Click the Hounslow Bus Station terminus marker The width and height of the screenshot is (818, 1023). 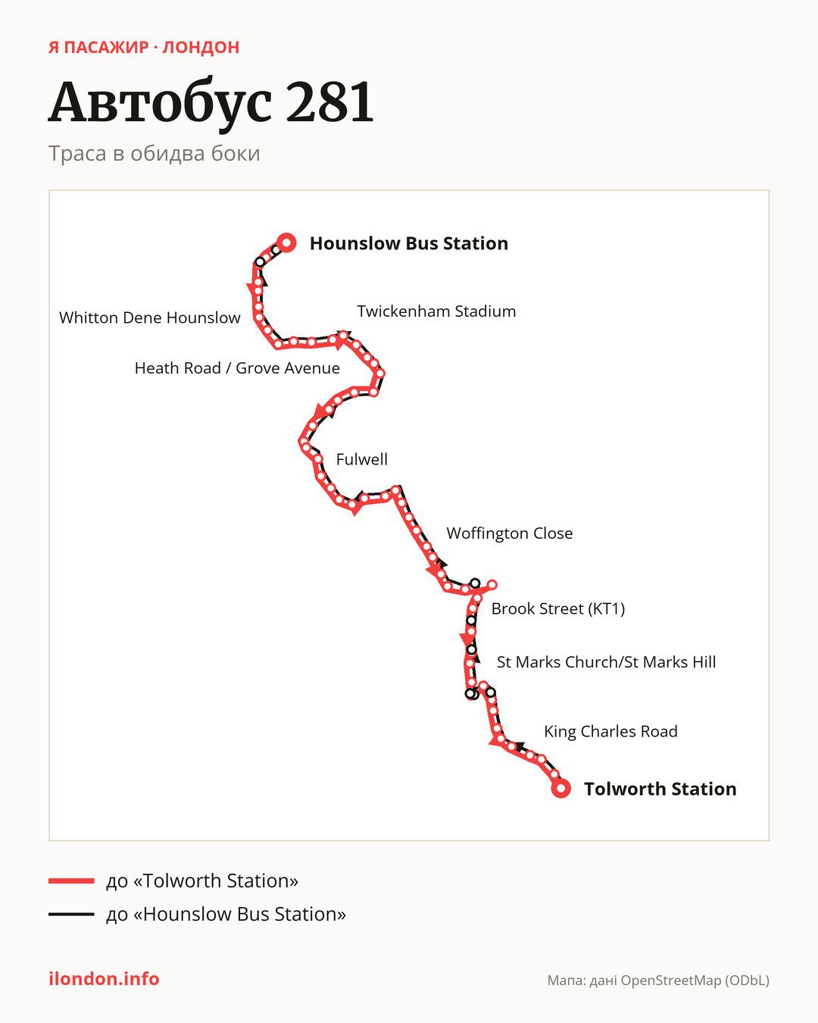286,243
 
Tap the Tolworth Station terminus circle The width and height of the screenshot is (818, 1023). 560,789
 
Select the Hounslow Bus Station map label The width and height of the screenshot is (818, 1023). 409,243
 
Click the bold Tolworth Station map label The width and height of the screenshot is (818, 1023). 660,789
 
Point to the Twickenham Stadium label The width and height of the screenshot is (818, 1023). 436,311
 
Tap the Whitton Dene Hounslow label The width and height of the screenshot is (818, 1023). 150,318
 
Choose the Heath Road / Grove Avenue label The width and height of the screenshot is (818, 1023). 237,368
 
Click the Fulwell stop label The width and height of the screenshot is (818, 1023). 362,459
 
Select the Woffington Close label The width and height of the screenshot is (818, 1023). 510,533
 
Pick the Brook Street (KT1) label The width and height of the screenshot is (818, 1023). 558,608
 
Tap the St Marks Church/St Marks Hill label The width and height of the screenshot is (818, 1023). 606,662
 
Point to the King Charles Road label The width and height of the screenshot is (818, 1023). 610,731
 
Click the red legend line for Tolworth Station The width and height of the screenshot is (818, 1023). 71,881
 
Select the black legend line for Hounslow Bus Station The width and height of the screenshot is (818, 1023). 71,914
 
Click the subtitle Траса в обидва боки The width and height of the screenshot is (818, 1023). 155,154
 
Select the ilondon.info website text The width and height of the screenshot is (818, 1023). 104,979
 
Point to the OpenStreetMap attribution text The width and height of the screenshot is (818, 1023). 658,981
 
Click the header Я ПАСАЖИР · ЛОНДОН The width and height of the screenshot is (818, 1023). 144,48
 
